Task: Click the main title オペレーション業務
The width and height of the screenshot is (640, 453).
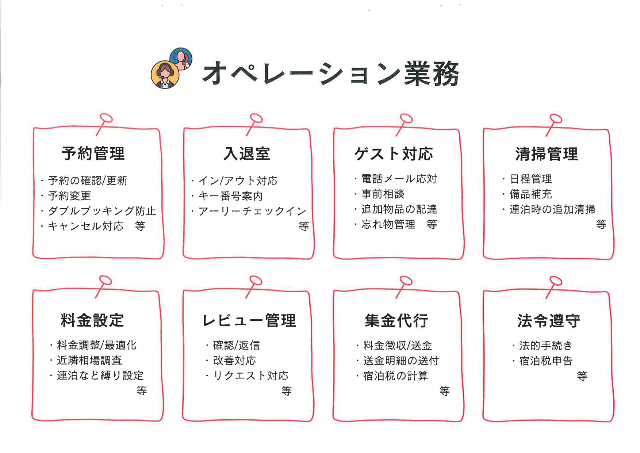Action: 330,73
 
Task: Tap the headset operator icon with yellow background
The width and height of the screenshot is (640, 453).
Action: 165,74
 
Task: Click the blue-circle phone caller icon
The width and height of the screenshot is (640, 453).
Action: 181,58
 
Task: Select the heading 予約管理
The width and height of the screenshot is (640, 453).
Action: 93,153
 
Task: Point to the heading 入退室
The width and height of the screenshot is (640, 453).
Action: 247,153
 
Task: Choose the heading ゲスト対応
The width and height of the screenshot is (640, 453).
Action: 394,154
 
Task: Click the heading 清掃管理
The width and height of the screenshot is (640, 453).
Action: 547,154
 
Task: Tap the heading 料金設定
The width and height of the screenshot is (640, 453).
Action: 92,320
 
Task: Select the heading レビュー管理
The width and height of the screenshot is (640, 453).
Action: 249,320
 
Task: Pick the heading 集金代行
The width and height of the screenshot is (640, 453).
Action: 396,320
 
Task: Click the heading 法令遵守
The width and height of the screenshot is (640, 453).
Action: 548,320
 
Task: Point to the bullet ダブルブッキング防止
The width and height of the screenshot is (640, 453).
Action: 102,211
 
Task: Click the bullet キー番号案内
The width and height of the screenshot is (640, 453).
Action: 230,196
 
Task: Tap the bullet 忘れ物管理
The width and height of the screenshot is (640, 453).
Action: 388,224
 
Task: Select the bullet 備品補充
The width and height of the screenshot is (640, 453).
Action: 530,194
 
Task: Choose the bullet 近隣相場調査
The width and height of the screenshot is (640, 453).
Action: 89,360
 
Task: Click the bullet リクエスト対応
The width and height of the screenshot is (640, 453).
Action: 250,376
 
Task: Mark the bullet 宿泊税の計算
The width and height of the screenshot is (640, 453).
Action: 395,376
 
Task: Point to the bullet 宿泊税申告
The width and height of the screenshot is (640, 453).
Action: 546,361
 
